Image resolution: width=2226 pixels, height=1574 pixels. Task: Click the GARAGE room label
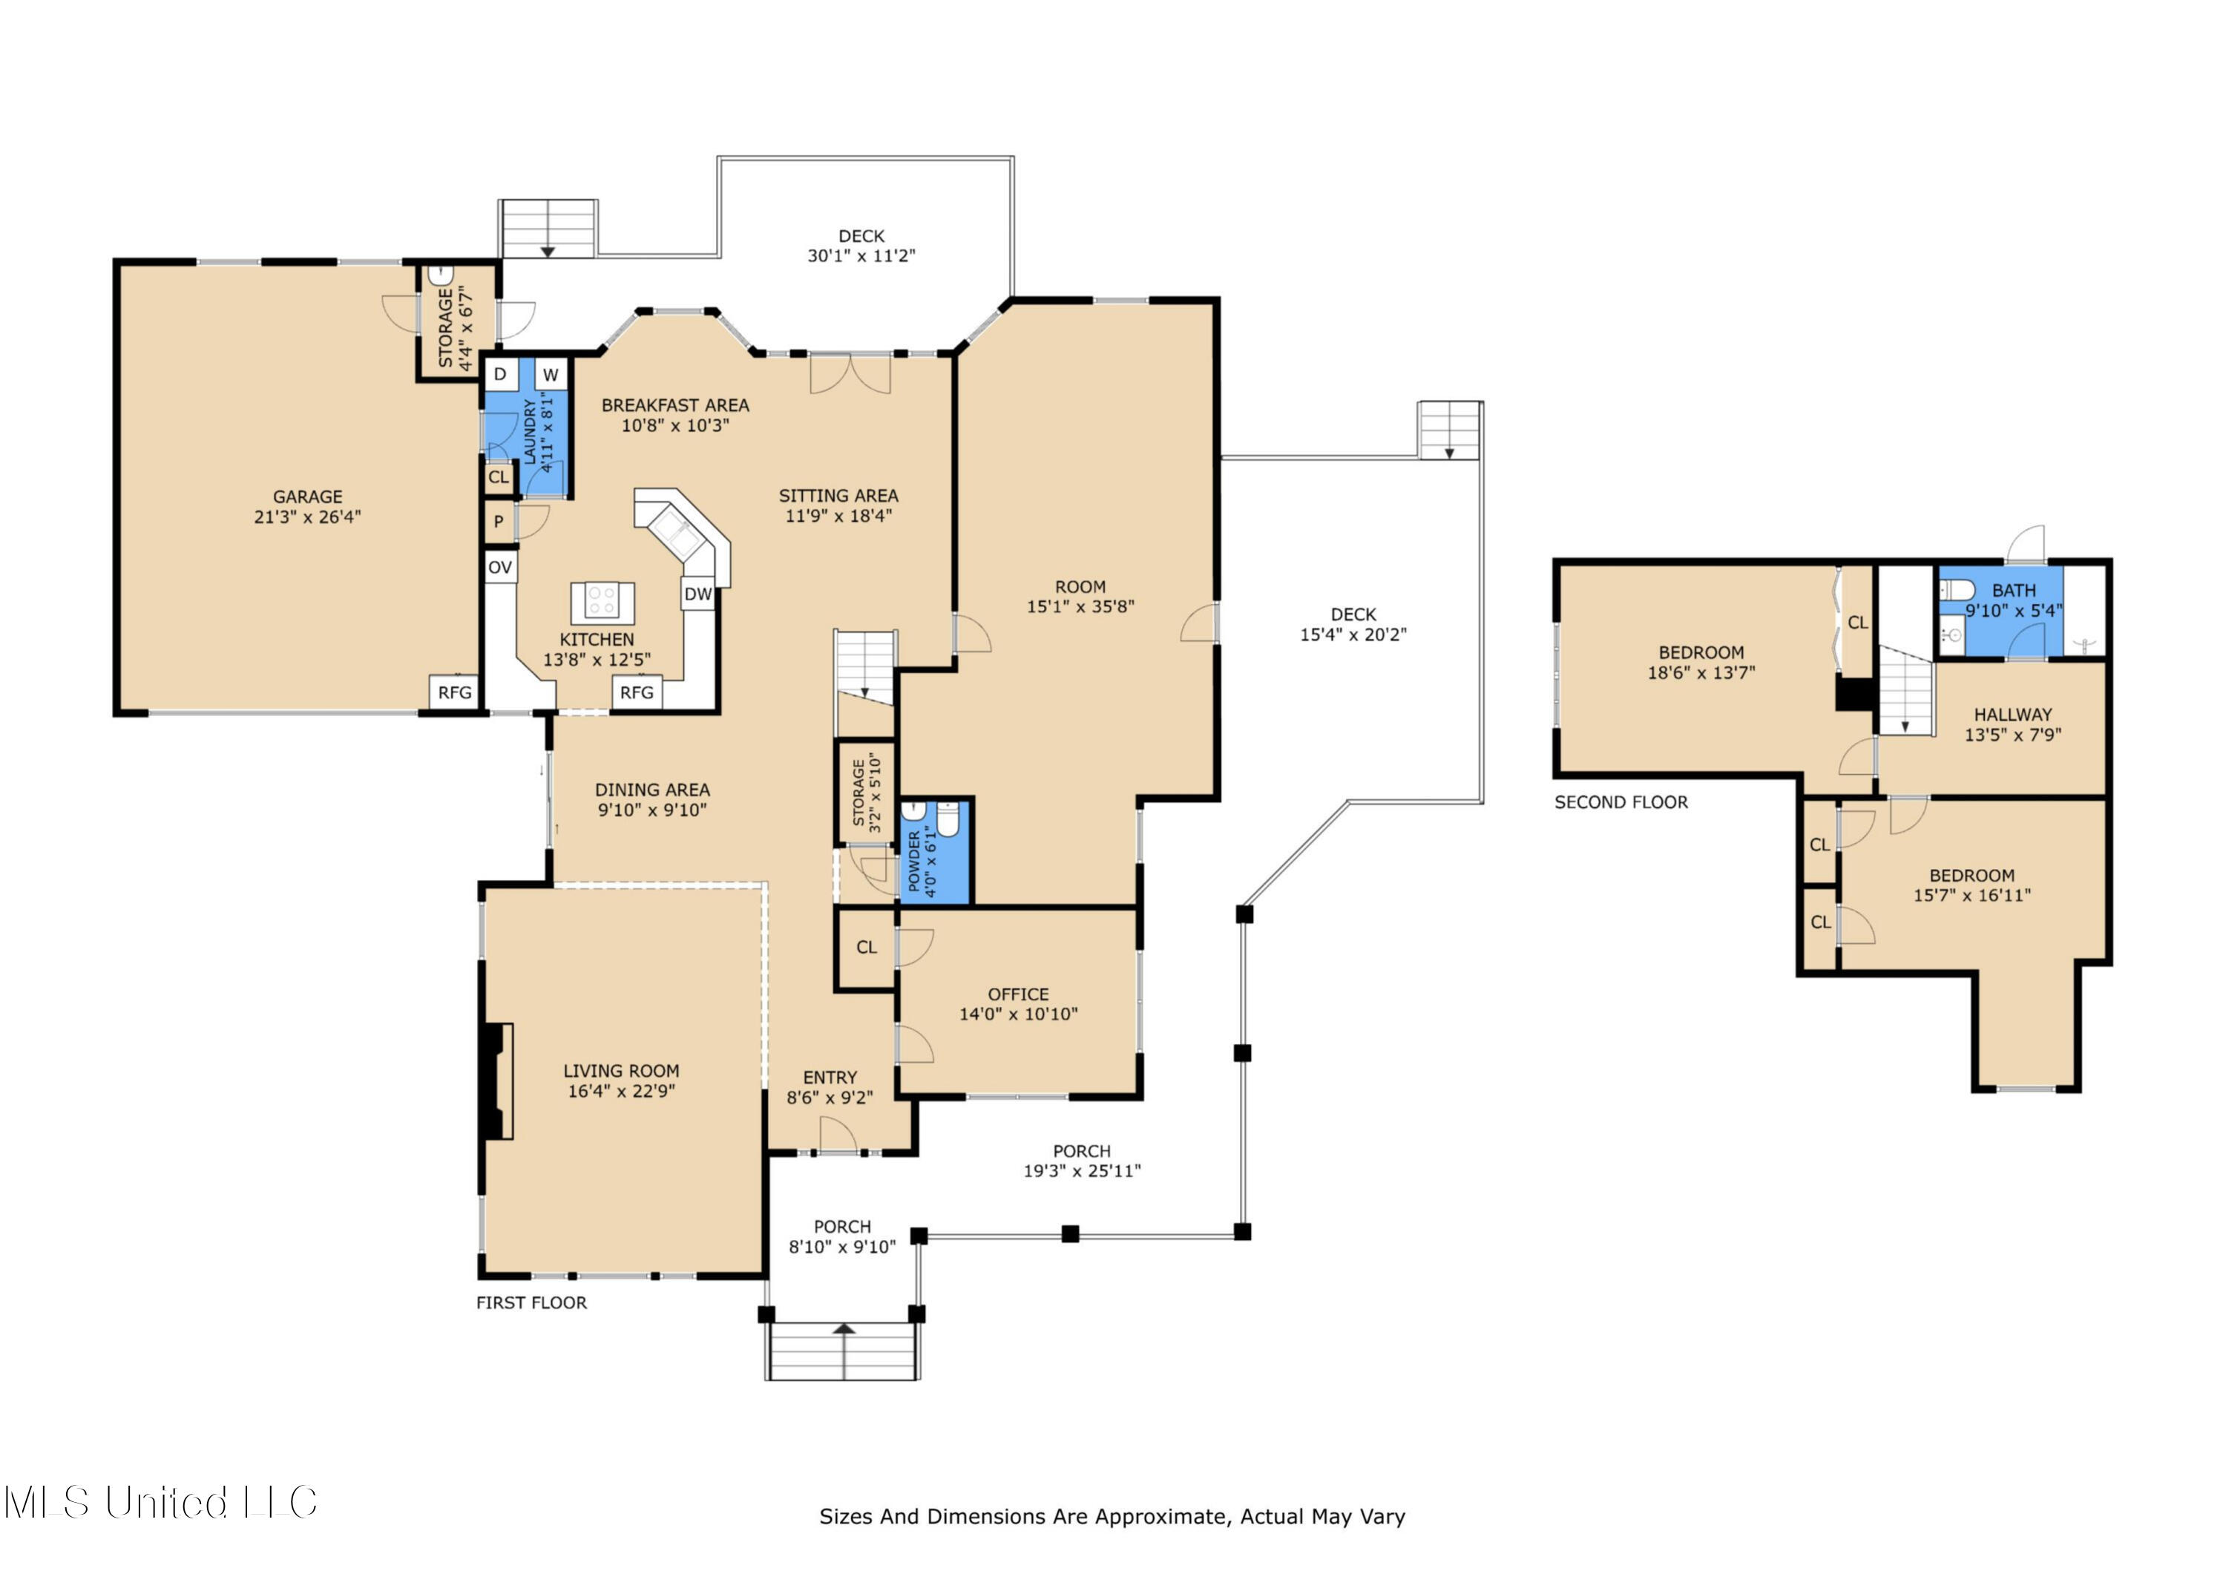click(x=307, y=496)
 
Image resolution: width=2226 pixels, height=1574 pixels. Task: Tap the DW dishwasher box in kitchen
click(x=698, y=594)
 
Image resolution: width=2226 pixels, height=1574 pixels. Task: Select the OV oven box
click(x=500, y=568)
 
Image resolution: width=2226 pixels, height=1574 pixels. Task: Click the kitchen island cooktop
click(x=602, y=601)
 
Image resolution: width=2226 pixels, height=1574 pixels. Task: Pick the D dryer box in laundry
click(x=500, y=374)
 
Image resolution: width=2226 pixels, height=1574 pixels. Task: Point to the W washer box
click(x=550, y=374)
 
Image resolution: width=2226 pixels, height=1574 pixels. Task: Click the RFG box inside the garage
click(x=455, y=692)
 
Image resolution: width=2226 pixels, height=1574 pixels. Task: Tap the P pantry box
click(x=499, y=522)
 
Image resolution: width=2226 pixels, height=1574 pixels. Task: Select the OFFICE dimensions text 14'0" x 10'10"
click(x=1018, y=1014)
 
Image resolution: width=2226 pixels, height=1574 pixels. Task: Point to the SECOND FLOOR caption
click(x=1621, y=802)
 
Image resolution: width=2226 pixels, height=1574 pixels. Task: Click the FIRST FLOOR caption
click(x=531, y=1302)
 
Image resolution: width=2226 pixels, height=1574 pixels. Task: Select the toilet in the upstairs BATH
click(x=1957, y=590)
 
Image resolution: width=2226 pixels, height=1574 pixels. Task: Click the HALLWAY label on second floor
click(x=2013, y=715)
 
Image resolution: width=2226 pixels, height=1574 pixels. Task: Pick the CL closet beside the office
click(x=866, y=948)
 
